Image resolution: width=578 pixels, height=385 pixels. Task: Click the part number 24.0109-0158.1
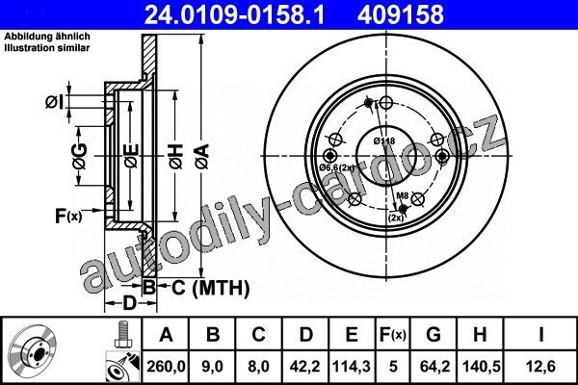pyautogui.click(x=234, y=14)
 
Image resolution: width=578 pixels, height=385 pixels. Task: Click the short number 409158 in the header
pyautogui.click(x=401, y=14)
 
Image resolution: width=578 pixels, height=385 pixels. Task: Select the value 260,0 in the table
pyautogui.click(x=166, y=367)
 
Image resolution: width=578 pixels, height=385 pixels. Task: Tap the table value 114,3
pyautogui.click(x=352, y=367)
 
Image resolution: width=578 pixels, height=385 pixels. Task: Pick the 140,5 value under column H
pyautogui.click(x=481, y=367)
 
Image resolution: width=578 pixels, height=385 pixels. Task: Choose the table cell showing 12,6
pyautogui.click(x=540, y=367)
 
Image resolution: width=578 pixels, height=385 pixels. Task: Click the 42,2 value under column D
pyautogui.click(x=305, y=367)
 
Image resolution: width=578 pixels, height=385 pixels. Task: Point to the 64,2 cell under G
pyautogui.click(x=434, y=367)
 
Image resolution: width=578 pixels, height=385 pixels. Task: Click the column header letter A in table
pyautogui.click(x=167, y=335)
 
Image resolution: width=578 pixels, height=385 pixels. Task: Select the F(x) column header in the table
pyautogui.click(x=393, y=335)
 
